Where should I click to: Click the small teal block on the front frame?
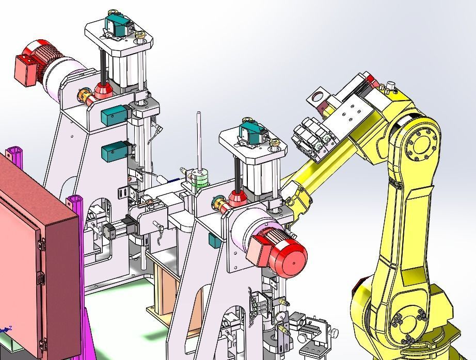point(212,239)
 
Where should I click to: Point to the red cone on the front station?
point(237,197)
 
